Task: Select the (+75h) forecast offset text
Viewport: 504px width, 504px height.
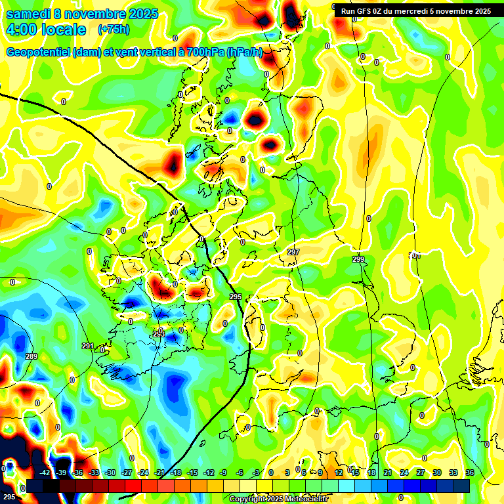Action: coord(114,30)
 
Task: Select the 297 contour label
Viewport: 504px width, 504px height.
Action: coord(293,253)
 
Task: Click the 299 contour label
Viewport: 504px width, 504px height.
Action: coord(358,260)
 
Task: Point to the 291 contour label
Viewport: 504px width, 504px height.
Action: coord(87,346)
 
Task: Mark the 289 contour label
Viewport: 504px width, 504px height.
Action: coord(31,356)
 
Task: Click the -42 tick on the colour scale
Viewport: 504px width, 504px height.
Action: coord(45,472)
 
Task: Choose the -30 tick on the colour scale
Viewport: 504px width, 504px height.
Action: coord(110,472)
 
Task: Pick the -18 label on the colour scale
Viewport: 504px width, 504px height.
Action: coord(176,472)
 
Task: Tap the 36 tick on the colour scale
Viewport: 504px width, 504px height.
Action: coord(470,472)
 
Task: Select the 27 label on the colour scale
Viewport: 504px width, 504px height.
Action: coord(421,472)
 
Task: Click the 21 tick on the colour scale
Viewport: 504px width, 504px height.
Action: coord(388,472)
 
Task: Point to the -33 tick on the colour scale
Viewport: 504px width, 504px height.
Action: coord(94,472)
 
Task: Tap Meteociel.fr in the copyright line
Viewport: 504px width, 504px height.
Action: coord(305,499)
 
